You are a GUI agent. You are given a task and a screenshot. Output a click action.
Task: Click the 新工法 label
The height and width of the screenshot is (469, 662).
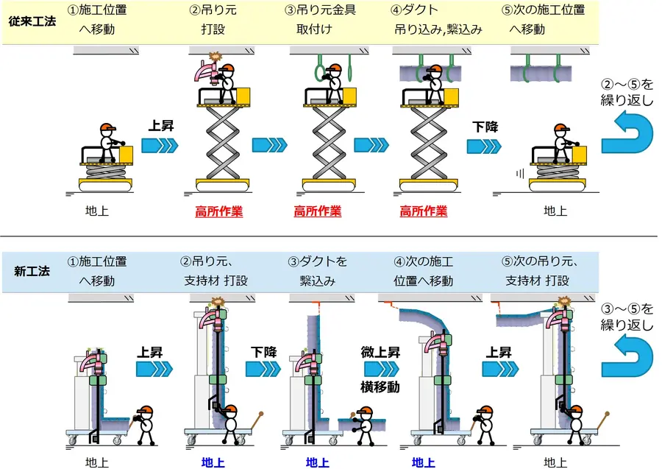click(32, 271)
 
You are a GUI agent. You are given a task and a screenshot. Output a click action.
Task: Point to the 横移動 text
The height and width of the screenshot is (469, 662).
click(380, 387)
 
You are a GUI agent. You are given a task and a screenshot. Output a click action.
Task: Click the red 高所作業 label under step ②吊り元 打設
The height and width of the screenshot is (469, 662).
click(218, 212)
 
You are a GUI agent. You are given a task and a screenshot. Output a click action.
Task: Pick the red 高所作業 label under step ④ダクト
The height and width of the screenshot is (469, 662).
click(423, 212)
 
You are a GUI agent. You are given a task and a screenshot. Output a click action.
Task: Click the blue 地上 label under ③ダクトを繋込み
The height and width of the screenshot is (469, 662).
click(318, 462)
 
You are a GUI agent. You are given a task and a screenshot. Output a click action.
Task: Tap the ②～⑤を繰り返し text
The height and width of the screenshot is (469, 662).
click(627, 93)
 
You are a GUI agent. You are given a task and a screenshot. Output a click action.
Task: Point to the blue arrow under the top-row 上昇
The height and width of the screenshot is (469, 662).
click(160, 146)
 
